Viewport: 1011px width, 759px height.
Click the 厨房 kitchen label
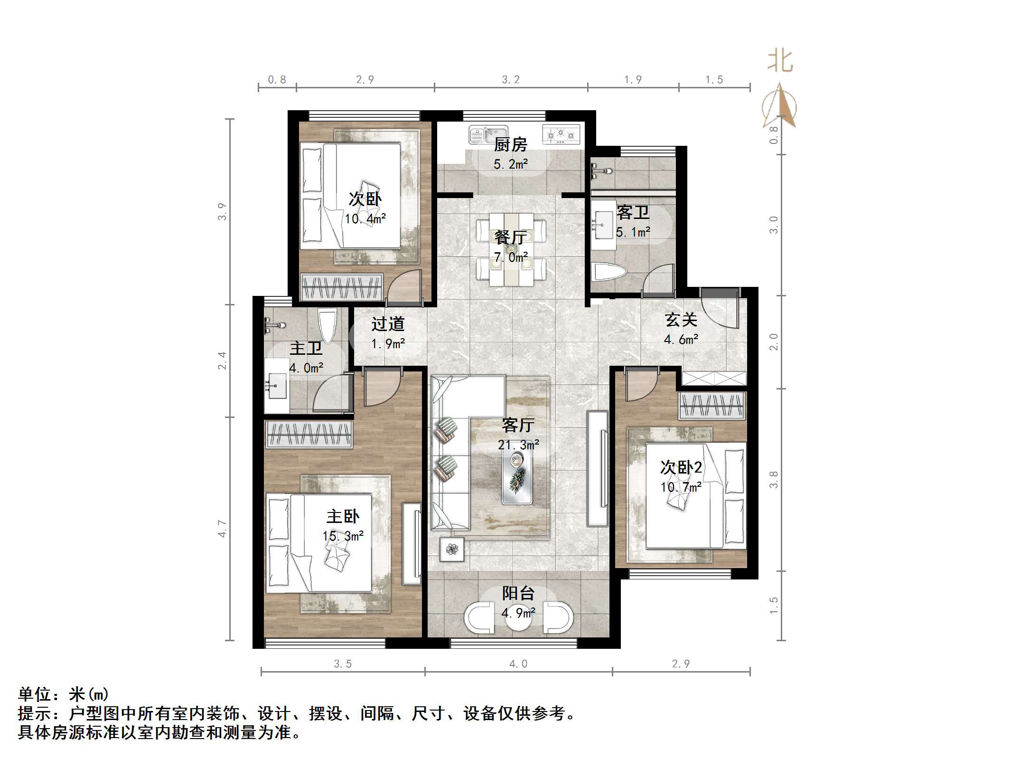(x=510, y=144)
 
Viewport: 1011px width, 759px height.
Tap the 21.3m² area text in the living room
(x=518, y=445)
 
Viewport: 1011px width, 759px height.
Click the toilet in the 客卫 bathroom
(x=610, y=273)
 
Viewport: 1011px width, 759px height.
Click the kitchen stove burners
(x=561, y=134)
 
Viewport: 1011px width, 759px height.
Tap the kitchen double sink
(x=488, y=135)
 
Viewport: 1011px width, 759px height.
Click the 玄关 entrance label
(x=681, y=320)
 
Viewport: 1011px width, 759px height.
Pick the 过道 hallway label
(x=387, y=324)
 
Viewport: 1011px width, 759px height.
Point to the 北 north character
(x=780, y=62)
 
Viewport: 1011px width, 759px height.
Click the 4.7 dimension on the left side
(x=222, y=528)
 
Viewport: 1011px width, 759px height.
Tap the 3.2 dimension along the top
(x=511, y=80)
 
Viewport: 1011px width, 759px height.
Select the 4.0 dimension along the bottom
(x=518, y=664)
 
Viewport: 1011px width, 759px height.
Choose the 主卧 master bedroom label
(x=343, y=516)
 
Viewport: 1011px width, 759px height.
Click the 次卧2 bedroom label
(x=681, y=467)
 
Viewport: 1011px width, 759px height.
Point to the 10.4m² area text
(x=365, y=219)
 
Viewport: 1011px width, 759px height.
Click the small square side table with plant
(x=452, y=550)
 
